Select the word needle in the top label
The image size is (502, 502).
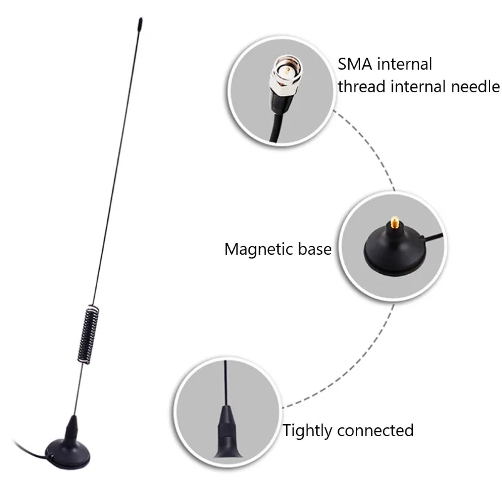click(476, 87)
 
